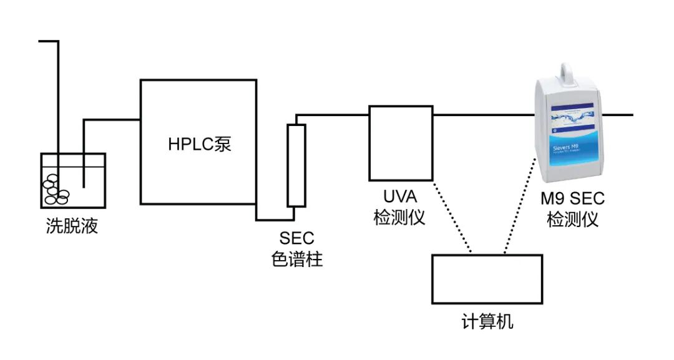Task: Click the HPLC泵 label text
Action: point(199,144)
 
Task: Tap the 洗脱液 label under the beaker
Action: point(72,226)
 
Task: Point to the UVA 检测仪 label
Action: point(399,208)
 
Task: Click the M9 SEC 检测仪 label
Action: point(572,209)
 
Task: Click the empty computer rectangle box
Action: point(487,279)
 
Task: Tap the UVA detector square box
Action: point(400,143)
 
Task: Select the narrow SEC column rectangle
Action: point(296,165)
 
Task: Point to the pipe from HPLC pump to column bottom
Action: point(275,220)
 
